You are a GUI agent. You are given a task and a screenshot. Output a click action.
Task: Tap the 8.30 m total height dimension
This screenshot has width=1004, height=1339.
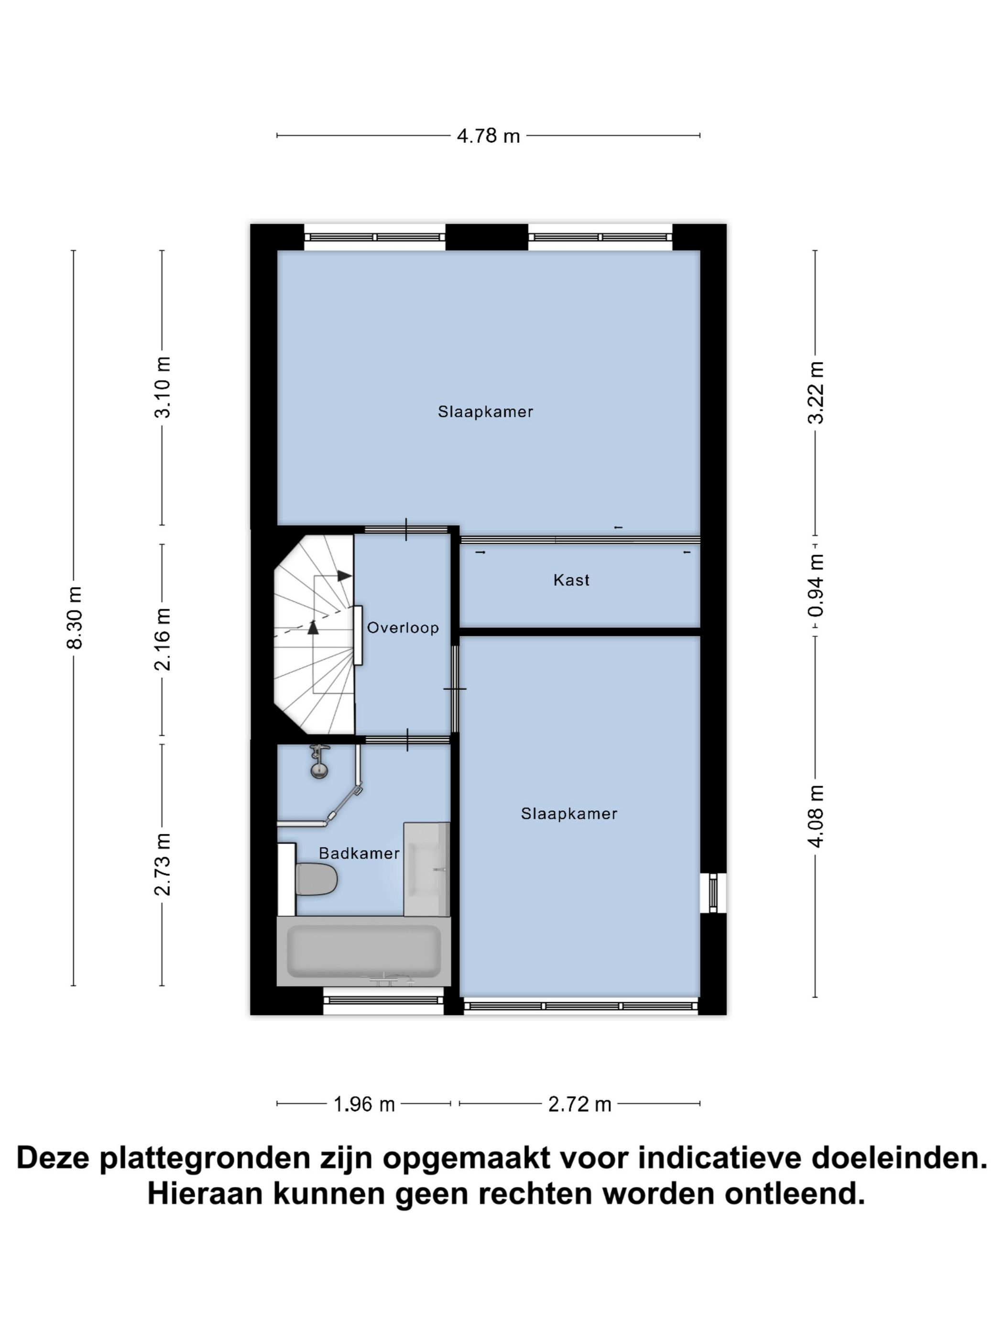tap(75, 617)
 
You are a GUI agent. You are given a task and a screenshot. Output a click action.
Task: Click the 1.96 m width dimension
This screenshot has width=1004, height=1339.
tap(364, 1105)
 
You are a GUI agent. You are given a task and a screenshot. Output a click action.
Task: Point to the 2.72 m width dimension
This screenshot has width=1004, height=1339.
tap(579, 1105)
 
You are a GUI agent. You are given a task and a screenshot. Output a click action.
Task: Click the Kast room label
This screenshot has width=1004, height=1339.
tap(571, 581)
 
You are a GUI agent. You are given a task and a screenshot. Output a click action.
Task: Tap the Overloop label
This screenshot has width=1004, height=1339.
tap(403, 628)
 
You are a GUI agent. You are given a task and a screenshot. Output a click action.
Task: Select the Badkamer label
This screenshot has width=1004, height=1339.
tap(359, 854)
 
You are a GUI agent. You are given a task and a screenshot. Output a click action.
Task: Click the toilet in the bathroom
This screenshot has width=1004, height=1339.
tap(316, 879)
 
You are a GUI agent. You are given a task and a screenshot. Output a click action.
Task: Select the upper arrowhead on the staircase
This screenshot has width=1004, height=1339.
tap(344, 576)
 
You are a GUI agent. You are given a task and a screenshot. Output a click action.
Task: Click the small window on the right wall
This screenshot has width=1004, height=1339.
tap(713, 893)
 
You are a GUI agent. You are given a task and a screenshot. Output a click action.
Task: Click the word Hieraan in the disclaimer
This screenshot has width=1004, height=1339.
tap(207, 1194)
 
